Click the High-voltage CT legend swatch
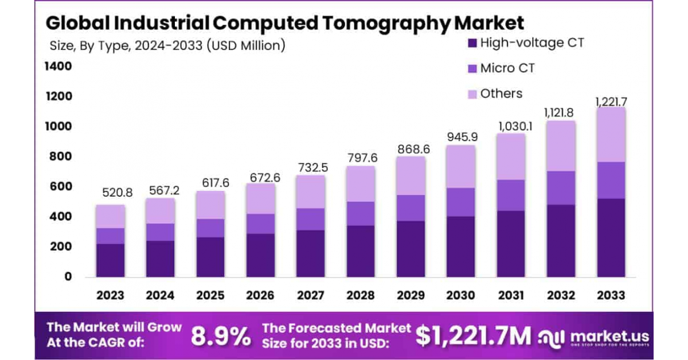coord(472,43)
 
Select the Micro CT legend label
coord(507,68)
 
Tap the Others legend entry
coord(501,93)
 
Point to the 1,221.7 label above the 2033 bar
coord(611,101)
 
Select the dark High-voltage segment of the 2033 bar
coord(611,238)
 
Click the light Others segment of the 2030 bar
coord(461,167)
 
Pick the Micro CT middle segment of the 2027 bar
coord(311,219)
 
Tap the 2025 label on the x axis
coord(210,295)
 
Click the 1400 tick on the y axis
coord(58,66)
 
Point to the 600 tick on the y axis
coord(60,186)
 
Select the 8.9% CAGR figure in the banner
coord(221,336)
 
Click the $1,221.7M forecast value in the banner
coord(473,336)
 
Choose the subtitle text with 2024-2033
coord(167,45)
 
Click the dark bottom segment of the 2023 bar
coord(111,260)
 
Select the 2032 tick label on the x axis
coord(561,295)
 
